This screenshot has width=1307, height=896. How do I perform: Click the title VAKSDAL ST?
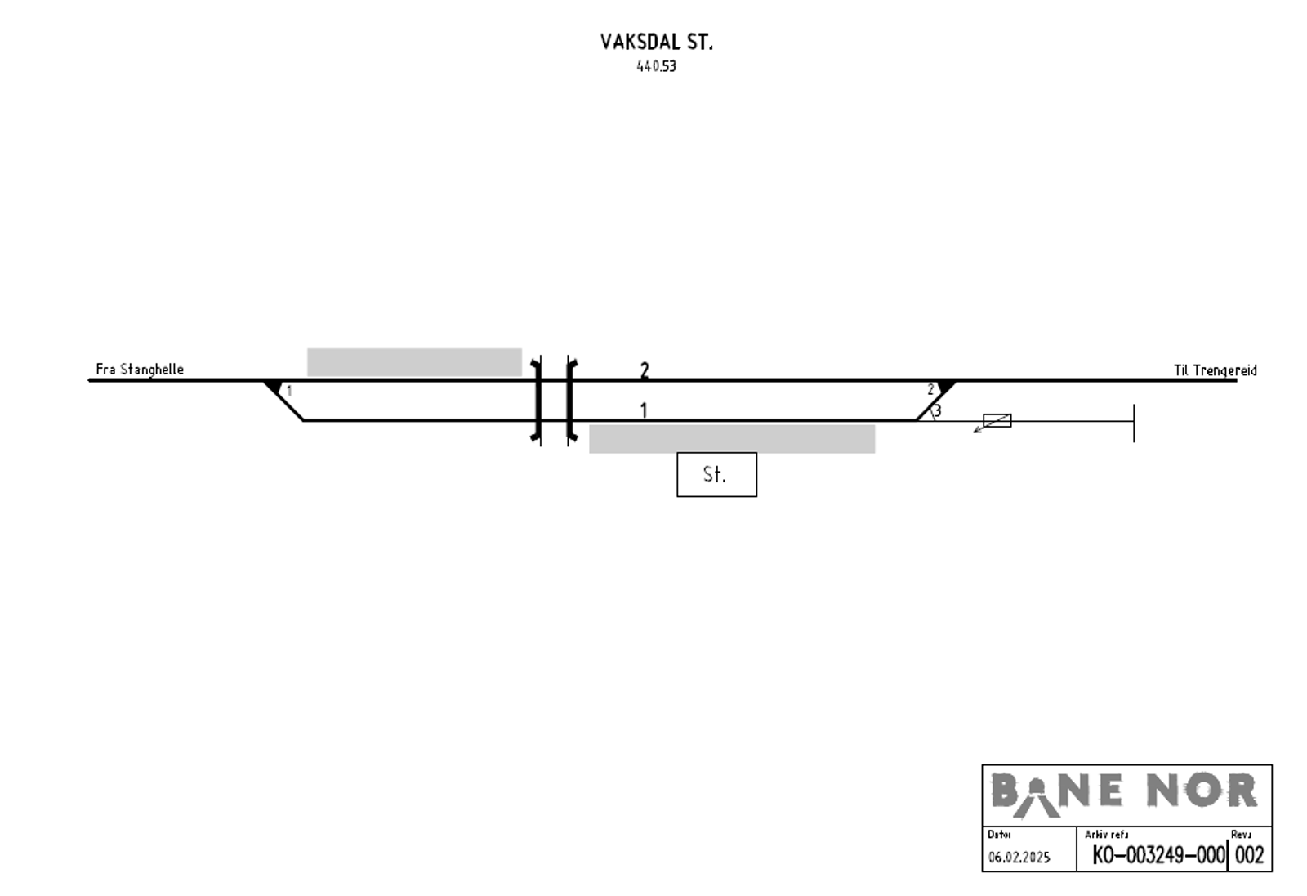[x=657, y=42]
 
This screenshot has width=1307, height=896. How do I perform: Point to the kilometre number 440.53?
[x=657, y=66]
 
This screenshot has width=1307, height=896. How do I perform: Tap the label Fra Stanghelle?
[x=140, y=370]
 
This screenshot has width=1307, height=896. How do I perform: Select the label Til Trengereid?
[x=1216, y=370]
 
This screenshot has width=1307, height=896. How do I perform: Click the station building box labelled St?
[x=716, y=474]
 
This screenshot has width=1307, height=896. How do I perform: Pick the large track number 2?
[x=645, y=370]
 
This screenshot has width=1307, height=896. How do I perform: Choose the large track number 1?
[x=644, y=410]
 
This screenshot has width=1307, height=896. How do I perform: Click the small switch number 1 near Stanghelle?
[x=289, y=391]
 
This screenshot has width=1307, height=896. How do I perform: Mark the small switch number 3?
[x=938, y=410]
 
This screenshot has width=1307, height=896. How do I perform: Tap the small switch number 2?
[x=930, y=389]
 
